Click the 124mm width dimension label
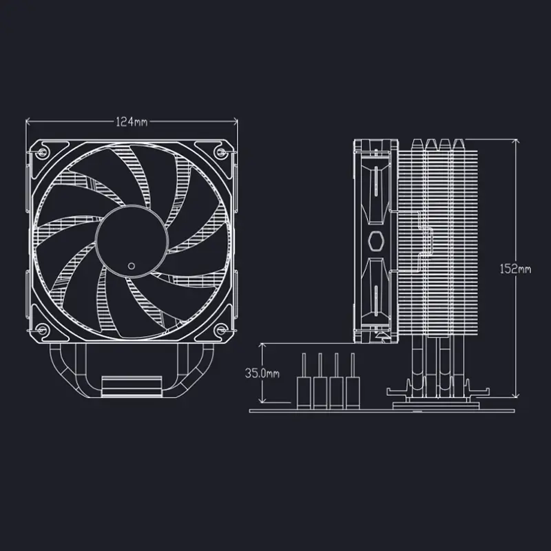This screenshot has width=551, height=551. (132, 122)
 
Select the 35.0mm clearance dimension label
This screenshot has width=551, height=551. (263, 373)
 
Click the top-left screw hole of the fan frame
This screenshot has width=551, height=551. (43, 151)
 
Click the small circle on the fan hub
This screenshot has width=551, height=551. (132, 265)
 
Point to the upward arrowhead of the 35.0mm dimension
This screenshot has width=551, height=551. (263, 344)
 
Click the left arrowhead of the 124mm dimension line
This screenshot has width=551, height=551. (29, 122)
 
